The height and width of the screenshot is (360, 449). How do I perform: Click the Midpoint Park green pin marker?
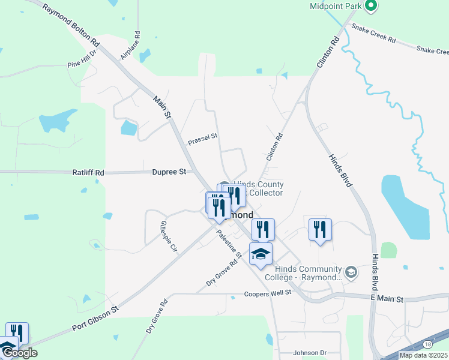tap(371, 6)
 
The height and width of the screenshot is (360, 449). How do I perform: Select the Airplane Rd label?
tap(131, 46)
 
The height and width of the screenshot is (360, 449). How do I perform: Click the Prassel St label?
tap(202, 140)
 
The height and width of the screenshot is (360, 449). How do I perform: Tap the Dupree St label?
tap(169, 172)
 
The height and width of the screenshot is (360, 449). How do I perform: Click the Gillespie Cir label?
tap(168, 236)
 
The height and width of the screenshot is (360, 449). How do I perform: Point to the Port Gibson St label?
tap(95, 311)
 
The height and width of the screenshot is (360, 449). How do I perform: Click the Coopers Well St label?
tap(268, 293)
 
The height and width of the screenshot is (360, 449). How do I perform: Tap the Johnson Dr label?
tap(310, 353)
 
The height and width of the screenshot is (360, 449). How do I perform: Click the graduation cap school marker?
tap(261, 254)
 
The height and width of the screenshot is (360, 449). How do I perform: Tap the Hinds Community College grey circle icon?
tap(351, 273)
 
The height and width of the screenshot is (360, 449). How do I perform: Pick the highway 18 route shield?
tap(426, 344)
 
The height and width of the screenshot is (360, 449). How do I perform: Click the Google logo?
tap(19, 353)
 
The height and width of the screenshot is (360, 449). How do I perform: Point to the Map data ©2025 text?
tap(423, 355)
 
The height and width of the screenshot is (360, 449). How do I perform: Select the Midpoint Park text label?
tap(334, 7)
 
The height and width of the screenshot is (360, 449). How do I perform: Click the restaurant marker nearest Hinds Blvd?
tap(320, 229)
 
